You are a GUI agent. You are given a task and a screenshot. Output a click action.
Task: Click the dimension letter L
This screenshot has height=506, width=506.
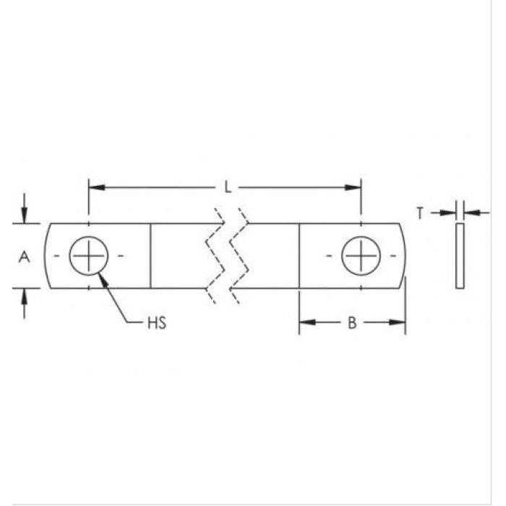pos(227,188)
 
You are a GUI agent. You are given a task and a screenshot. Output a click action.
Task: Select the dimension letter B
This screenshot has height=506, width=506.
pos(352,322)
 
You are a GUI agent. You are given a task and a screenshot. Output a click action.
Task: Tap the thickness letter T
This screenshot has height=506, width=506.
pos(420,213)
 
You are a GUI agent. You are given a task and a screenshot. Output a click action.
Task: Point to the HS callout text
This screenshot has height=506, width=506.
pos(157,323)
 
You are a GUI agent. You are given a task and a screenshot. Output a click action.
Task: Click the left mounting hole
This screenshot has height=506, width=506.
pos(88,256)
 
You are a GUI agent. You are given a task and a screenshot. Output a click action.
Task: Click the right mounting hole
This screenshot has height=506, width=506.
pos(361,256)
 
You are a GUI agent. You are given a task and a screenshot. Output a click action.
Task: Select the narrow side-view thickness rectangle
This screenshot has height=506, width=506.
pos(460,256)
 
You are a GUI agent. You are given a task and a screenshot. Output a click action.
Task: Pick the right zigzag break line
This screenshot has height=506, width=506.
pos(241,256)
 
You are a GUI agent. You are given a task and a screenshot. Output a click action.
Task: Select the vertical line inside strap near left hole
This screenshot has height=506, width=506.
pos(150,256)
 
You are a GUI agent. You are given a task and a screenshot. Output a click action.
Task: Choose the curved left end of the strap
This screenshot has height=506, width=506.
pos(46,256)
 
